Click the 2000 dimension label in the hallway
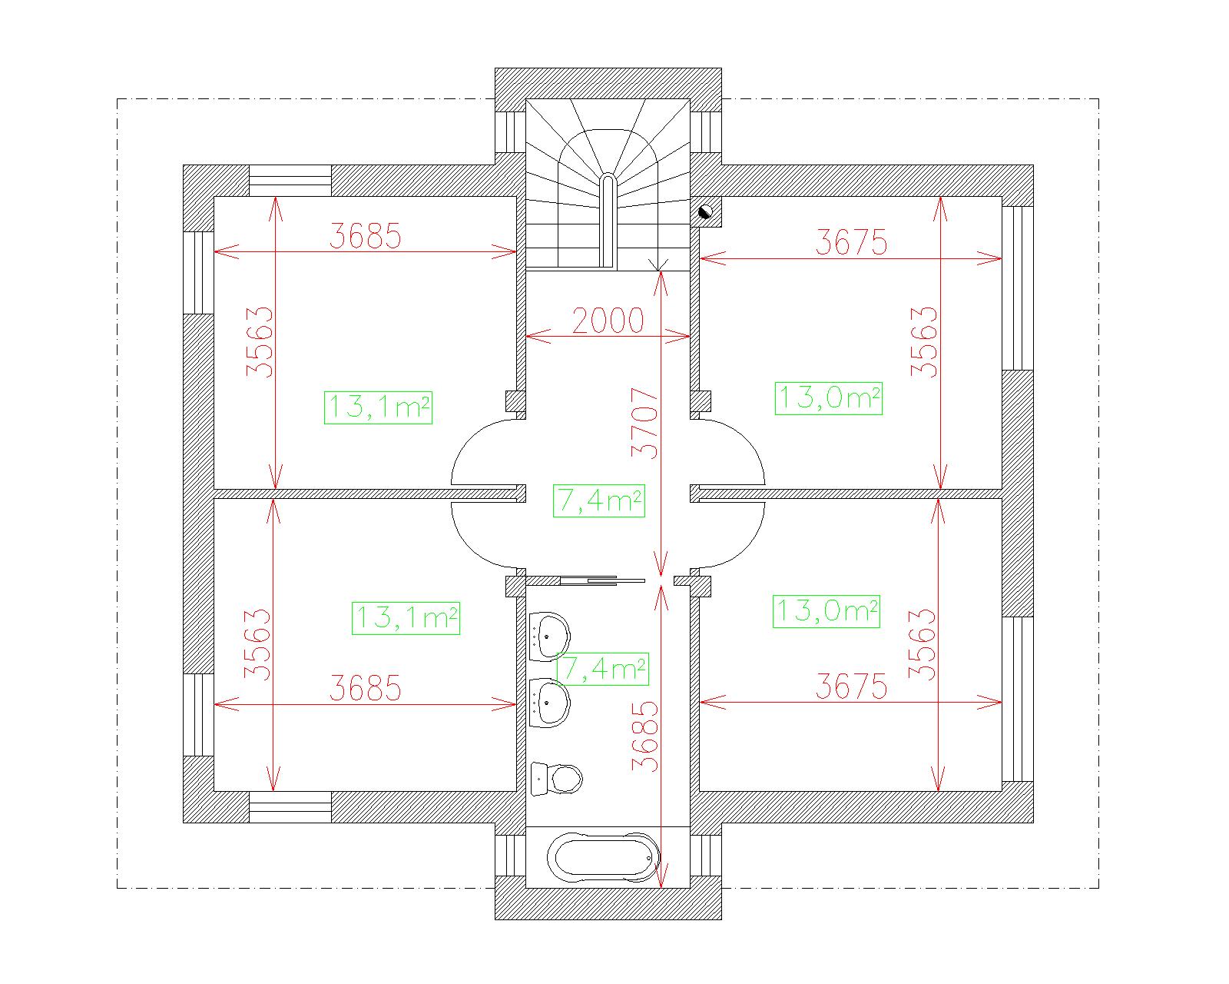coord(608,321)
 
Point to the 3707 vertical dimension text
coord(644,423)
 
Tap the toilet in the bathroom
coord(557,778)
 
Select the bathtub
coord(603,858)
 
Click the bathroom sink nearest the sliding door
coord(549,637)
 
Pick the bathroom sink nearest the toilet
coord(549,703)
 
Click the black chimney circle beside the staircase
coord(705,211)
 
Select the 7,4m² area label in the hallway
coord(599,501)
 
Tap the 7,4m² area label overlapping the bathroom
coord(602,668)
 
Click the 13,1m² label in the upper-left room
coord(378,407)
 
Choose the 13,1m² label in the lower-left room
coord(406,618)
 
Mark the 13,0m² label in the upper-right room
coord(829,398)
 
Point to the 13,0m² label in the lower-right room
coord(827,611)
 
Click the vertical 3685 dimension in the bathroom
coord(644,736)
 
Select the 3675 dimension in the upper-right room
coord(851,242)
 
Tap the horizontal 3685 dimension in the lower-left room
coord(366,688)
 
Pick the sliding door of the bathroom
coord(602,581)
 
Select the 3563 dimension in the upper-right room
coord(923,342)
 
